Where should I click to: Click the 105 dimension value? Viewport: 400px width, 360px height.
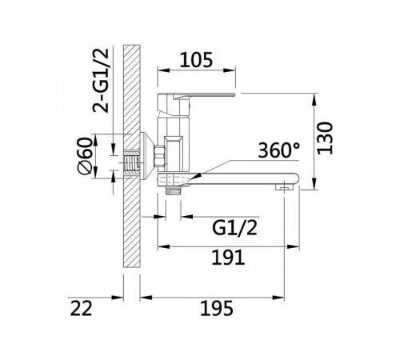click(196, 60)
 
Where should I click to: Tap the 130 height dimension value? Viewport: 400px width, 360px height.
click(325, 138)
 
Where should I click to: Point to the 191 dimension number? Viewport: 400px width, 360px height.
click(228, 257)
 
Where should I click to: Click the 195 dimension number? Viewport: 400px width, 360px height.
click(217, 308)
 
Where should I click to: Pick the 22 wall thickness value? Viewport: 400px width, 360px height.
click(81, 308)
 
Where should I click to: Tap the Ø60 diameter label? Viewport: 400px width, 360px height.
click(85, 155)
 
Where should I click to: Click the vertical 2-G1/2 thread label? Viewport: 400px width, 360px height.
click(101, 81)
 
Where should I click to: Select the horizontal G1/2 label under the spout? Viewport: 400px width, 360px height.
click(234, 227)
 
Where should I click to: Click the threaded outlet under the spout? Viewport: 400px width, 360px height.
click(173, 190)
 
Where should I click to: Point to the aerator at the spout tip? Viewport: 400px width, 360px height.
click(284, 187)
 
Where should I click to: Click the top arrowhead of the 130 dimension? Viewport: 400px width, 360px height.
click(315, 99)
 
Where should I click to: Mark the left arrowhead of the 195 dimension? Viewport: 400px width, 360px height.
click(146, 298)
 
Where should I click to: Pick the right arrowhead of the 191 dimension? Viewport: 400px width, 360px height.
click(293, 246)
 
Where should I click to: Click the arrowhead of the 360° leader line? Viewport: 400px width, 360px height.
click(197, 177)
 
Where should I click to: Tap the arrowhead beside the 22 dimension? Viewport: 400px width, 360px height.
click(118, 298)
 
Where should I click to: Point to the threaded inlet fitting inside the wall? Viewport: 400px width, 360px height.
click(132, 163)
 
